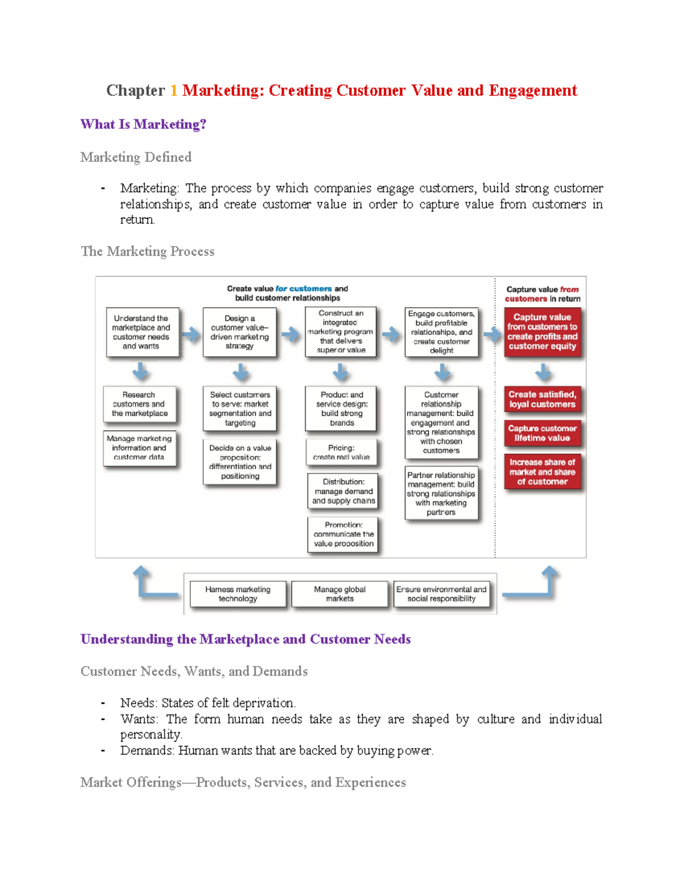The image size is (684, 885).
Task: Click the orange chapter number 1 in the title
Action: [173, 91]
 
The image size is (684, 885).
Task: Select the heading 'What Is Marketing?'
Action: [143, 124]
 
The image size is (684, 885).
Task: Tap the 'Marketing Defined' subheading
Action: [136, 157]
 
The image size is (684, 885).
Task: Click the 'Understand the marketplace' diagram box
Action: [142, 332]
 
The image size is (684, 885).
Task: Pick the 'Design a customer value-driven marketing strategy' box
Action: [239, 332]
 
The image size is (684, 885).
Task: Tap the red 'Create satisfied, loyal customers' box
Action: [542, 399]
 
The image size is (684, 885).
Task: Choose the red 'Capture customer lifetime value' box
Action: [542, 433]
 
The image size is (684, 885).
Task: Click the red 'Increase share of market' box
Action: [542, 472]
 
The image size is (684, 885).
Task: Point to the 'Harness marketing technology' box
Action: [238, 594]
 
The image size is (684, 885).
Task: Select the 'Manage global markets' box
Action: [340, 594]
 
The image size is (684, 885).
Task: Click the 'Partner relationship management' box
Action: [441, 494]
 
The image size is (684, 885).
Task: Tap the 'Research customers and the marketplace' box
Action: [140, 404]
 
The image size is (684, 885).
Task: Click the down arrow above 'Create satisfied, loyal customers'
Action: [543, 373]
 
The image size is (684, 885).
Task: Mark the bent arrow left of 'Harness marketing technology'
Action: [152, 583]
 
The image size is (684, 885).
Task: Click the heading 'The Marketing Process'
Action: [148, 251]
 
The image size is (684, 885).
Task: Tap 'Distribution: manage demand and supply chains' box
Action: [343, 491]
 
